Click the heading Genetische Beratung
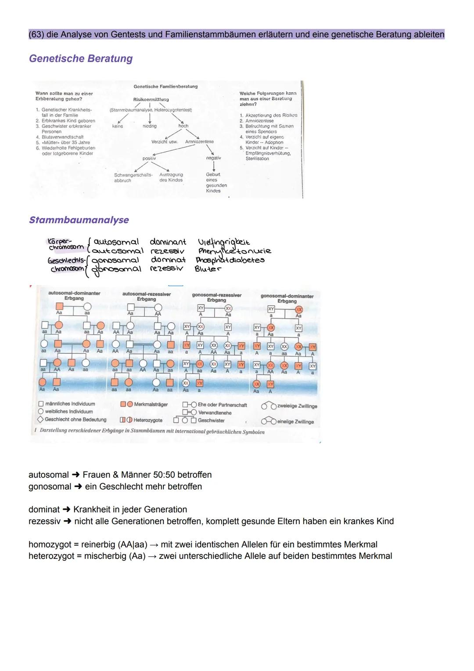pyautogui.click(x=80, y=58)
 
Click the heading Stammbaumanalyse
pyautogui.click(x=79, y=220)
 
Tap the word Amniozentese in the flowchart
pyautogui.click(x=199, y=141)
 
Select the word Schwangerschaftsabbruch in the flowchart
pyautogui.click(x=133, y=178)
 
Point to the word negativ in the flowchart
pyautogui.click(x=213, y=158)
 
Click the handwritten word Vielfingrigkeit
pyautogui.click(x=224, y=242)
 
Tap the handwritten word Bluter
pyautogui.click(x=208, y=268)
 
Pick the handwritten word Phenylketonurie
pyautogui.click(x=234, y=251)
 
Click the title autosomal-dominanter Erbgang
pyautogui.click(x=74, y=295)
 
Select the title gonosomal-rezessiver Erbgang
pyautogui.click(x=216, y=297)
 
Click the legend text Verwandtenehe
pyautogui.click(x=215, y=413)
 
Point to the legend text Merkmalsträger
pyautogui.click(x=149, y=404)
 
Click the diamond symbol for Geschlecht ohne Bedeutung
pyautogui.click(x=40, y=419)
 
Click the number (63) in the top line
pyautogui.click(x=36, y=34)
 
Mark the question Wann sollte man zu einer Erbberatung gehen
pyautogui.click(x=64, y=96)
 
